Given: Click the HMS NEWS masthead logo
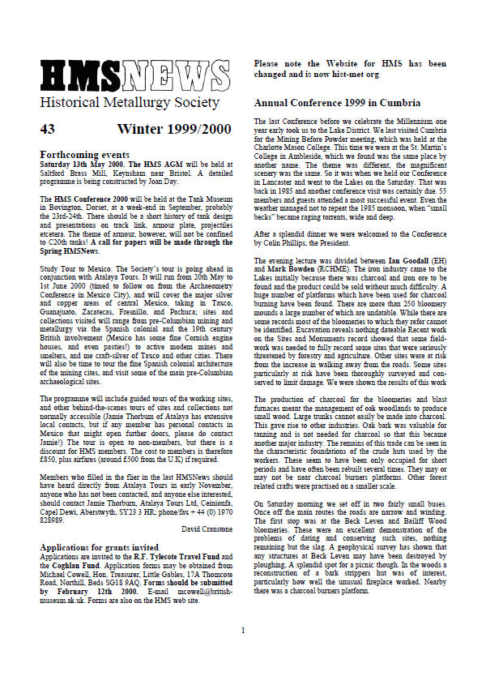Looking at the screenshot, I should coord(124,76).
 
